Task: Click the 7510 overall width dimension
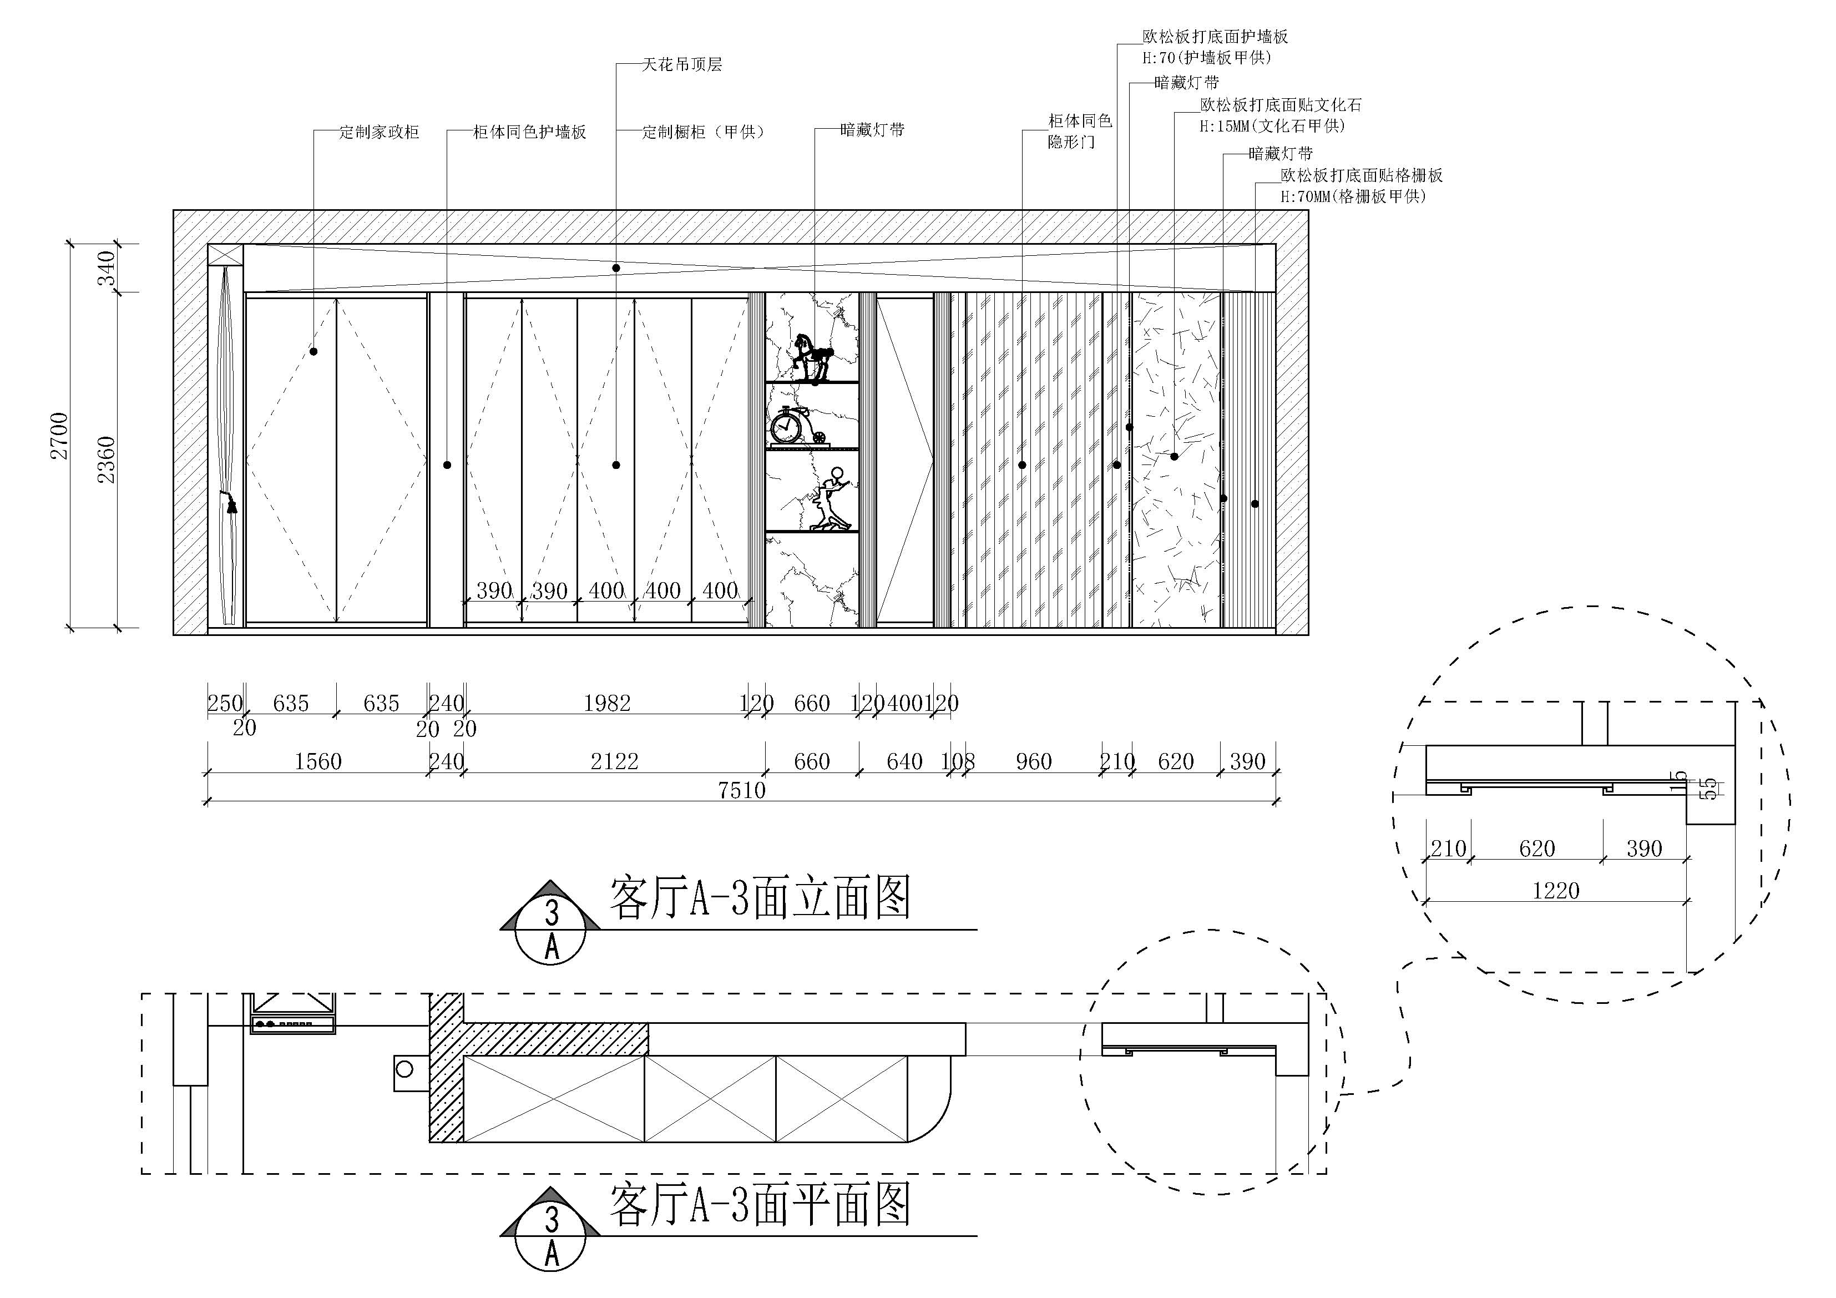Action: click(741, 790)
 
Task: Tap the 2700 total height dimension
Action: click(60, 436)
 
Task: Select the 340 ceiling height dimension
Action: click(107, 268)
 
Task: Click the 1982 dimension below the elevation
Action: click(607, 704)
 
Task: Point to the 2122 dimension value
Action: click(614, 761)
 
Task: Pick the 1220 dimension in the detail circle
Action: click(1555, 890)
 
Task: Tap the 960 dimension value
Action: click(1033, 761)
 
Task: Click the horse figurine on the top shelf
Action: click(812, 357)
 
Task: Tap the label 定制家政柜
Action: click(379, 132)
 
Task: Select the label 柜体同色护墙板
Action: click(529, 132)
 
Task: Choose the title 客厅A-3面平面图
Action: click(760, 1205)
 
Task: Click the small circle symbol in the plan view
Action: click(404, 1068)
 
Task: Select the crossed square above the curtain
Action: click(225, 256)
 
